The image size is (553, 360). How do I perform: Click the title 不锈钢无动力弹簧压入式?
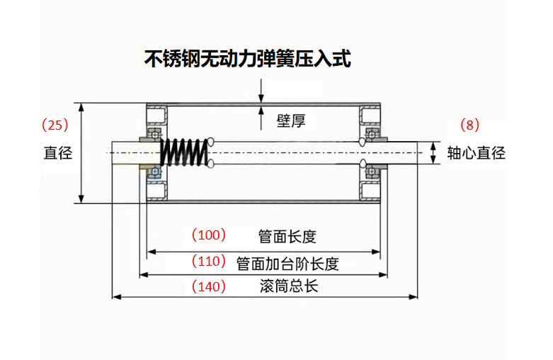click(x=247, y=59)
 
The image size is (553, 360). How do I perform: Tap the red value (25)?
click(x=55, y=125)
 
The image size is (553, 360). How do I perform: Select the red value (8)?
click(x=469, y=125)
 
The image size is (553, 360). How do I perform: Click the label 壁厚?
click(x=290, y=121)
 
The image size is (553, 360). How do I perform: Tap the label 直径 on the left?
click(x=57, y=152)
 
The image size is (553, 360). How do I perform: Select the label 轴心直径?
click(x=476, y=152)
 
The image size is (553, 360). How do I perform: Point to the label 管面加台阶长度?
click(x=287, y=264)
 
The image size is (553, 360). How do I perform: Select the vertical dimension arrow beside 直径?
click(x=82, y=152)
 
